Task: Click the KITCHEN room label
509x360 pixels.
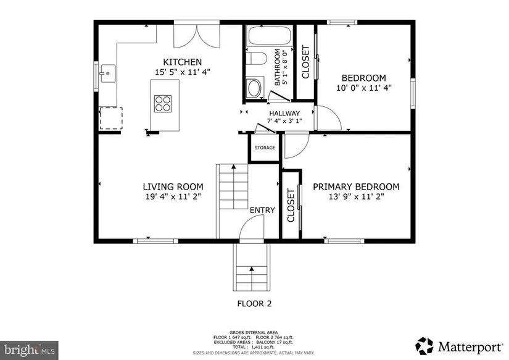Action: point(182,62)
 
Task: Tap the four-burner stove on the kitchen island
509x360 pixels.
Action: point(163,104)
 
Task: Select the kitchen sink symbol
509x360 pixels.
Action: point(107,73)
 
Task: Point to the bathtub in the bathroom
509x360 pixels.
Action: point(270,36)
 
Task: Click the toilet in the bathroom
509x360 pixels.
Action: point(256,59)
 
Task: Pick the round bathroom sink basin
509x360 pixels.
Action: point(254,88)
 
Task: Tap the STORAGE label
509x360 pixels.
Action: point(265,148)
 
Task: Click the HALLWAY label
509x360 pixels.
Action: point(284,114)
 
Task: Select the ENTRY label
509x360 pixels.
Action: point(262,210)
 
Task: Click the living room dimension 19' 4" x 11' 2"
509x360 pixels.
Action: point(173,196)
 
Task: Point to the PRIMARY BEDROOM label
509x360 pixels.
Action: point(356,187)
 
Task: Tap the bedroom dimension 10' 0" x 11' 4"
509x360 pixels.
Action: point(364,88)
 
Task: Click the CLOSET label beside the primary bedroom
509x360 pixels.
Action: point(291,206)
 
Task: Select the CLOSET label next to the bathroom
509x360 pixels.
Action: point(305,62)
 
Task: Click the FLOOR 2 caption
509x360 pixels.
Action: point(254,304)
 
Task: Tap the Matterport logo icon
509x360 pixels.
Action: point(424,346)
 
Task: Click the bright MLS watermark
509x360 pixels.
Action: point(29,350)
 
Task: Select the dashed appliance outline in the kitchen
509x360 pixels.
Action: point(110,119)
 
